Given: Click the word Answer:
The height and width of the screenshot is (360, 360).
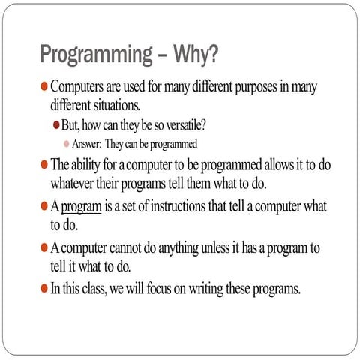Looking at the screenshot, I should pyautogui.click(x=88, y=143).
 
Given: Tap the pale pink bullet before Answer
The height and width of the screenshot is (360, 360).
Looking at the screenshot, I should pyautogui.click(x=66, y=143).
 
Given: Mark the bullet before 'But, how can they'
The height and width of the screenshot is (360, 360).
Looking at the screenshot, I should pyautogui.click(x=56, y=124).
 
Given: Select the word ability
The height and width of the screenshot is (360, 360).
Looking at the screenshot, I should pyautogui.click(x=92, y=164).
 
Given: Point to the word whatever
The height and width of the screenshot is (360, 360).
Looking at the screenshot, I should pyautogui.click(x=78, y=182).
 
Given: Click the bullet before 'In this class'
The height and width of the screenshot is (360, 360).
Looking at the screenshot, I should pyautogui.click(x=43, y=288).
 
